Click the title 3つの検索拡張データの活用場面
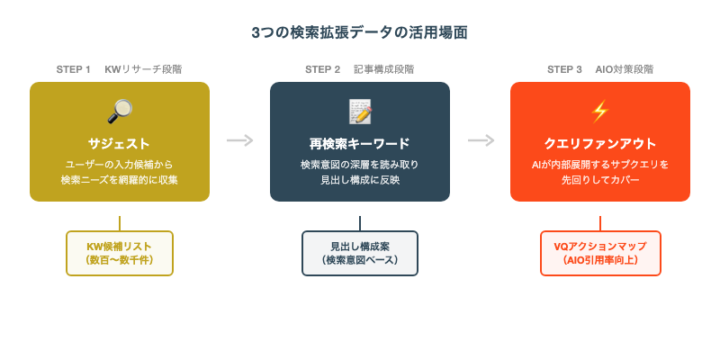[360, 32]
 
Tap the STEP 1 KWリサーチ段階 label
[119, 69]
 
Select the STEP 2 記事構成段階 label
[360, 69]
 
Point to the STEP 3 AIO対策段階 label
[600, 69]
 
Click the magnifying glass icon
[120, 112]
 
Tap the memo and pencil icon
[360, 112]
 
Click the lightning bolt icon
[600, 112]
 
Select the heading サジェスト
[120, 143]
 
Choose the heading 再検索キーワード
[360, 143]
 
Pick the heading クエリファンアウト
[600, 143]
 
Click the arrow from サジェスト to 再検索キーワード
[239, 140]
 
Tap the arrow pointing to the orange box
[481, 140]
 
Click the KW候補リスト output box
[120, 253]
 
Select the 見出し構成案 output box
[360, 253]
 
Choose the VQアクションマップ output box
[600, 253]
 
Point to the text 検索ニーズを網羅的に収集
[120, 180]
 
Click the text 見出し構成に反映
[360, 180]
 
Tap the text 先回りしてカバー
[600, 180]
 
